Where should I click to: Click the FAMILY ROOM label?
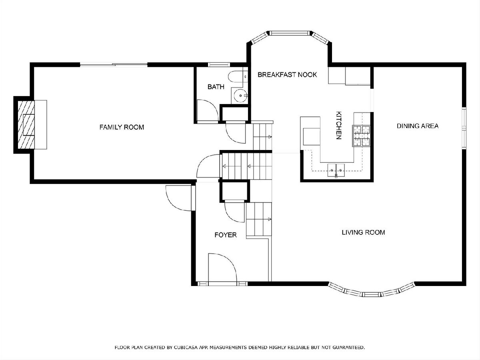(122, 127)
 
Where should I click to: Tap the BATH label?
(216, 87)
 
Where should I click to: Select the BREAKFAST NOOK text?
(287, 75)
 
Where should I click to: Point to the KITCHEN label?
(338, 125)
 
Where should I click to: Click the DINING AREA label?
(418, 126)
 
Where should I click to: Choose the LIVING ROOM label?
(363, 232)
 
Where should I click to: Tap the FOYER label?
(226, 235)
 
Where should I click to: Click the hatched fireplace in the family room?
(26, 125)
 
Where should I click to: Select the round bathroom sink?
(240, 96)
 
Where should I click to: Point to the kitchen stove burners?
(361, 136)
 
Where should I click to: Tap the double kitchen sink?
(336, 170)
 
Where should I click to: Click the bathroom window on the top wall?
(219, 64)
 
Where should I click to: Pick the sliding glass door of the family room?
(114, 64)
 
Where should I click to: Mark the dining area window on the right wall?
(464, 128)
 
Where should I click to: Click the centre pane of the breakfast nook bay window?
(290, 33)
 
